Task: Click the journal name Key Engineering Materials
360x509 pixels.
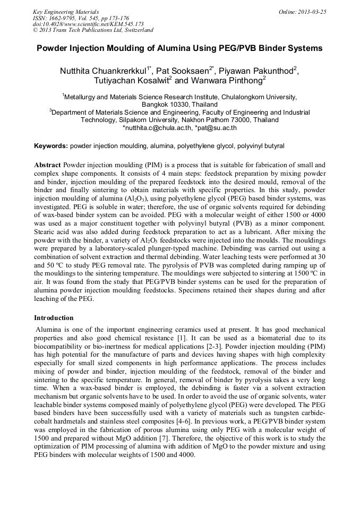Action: click(66, 11)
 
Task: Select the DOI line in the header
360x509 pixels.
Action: click(88, 24)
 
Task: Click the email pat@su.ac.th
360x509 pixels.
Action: click(217, 128)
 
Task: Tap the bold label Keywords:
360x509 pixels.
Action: click(51, 145)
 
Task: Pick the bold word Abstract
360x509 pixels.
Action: click(47, 165)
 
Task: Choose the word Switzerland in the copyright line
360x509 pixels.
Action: click(135, 30)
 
